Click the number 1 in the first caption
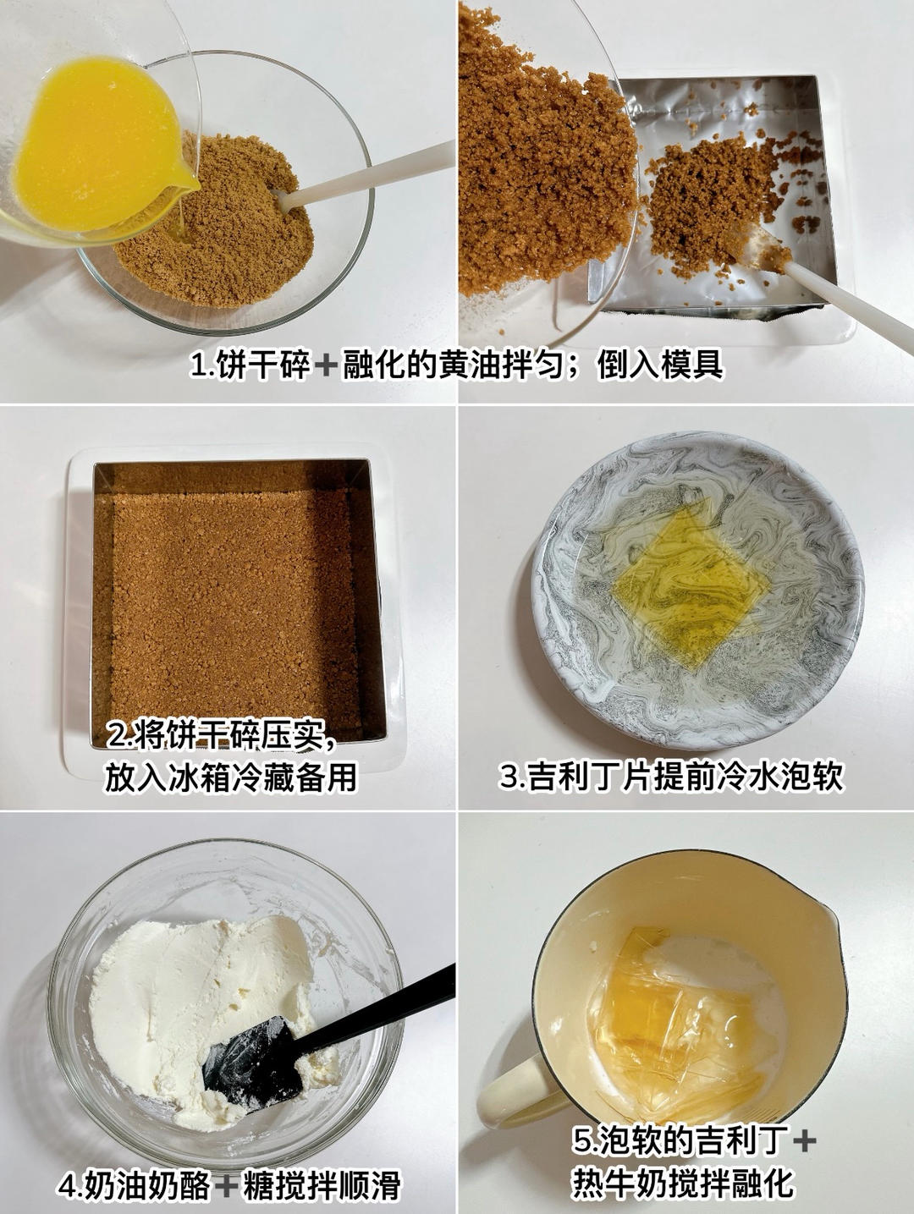(x=197, y=366)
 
